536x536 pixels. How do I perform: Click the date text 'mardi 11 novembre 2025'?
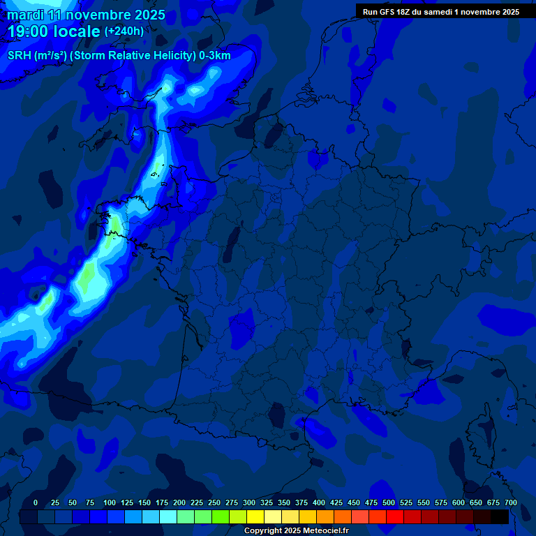87,15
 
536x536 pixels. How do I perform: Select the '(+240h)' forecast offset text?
124,31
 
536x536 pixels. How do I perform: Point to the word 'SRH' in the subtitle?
20,56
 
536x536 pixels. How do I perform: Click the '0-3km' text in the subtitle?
215,56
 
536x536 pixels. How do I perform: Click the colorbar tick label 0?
36,503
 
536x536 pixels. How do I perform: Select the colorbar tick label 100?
110,503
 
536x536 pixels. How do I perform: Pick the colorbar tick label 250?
214,503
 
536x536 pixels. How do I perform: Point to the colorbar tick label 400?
319,503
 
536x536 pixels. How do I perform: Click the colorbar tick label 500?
389,503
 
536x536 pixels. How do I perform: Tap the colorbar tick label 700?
510,503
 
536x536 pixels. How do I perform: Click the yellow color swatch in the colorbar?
255,517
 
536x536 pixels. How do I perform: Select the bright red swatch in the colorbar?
395,517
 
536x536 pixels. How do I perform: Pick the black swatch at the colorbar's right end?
500,517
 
